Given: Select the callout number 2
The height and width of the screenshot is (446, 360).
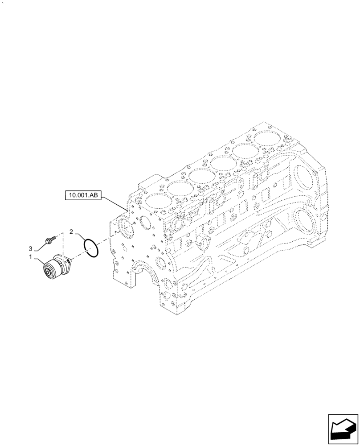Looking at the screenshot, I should [71, 231].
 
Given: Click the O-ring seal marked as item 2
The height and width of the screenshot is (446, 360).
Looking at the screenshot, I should [90, 248].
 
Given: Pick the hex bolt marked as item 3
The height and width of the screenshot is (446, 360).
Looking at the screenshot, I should [49, 241].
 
